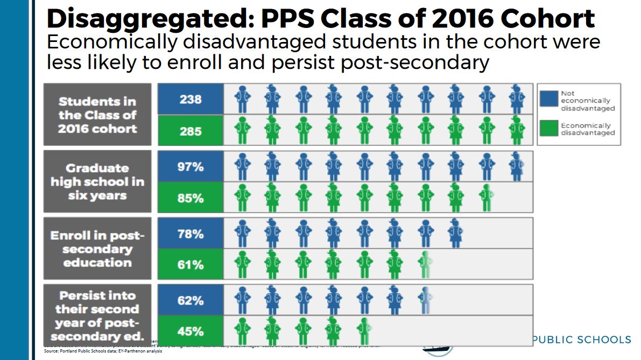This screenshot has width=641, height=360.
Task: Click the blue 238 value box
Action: pyautogui.click(x=190, y=99)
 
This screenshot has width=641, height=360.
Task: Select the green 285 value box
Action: pyautogui.click(x=190, y=130)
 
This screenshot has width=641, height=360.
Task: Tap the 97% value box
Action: pyautogui.click(x=190, y=167)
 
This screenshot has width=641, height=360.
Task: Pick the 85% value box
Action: pyautogui.click(x=190, y=197)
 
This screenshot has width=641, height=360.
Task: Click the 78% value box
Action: pyautogui.click(x=190, y=234)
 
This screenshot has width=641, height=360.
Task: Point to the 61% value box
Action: pyautogui.click(x=190, y=264)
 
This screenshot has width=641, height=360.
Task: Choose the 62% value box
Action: pyautogui.click(x=190, y=300)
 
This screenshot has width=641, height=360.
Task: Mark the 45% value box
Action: pyautogui.click(x=190, y=331)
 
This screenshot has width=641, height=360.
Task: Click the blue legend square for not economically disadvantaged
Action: pyautogui.click(x=548, y=100)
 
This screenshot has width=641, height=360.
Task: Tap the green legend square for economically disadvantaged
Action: pyautogui.click(x=548, y=128)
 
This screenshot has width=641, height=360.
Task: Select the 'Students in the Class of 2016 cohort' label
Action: pyautogui.click(x=97, y=115)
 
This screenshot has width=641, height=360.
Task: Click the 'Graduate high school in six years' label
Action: pyautogui.click(x=97, y=182)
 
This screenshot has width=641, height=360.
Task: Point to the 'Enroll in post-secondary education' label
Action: pyautogui.click(x=97, y=249)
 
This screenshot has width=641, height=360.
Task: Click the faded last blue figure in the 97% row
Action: pyautogui.click(x=517, y=167)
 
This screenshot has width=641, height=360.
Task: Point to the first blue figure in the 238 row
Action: pyautogui.click(x=242, y=99)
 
